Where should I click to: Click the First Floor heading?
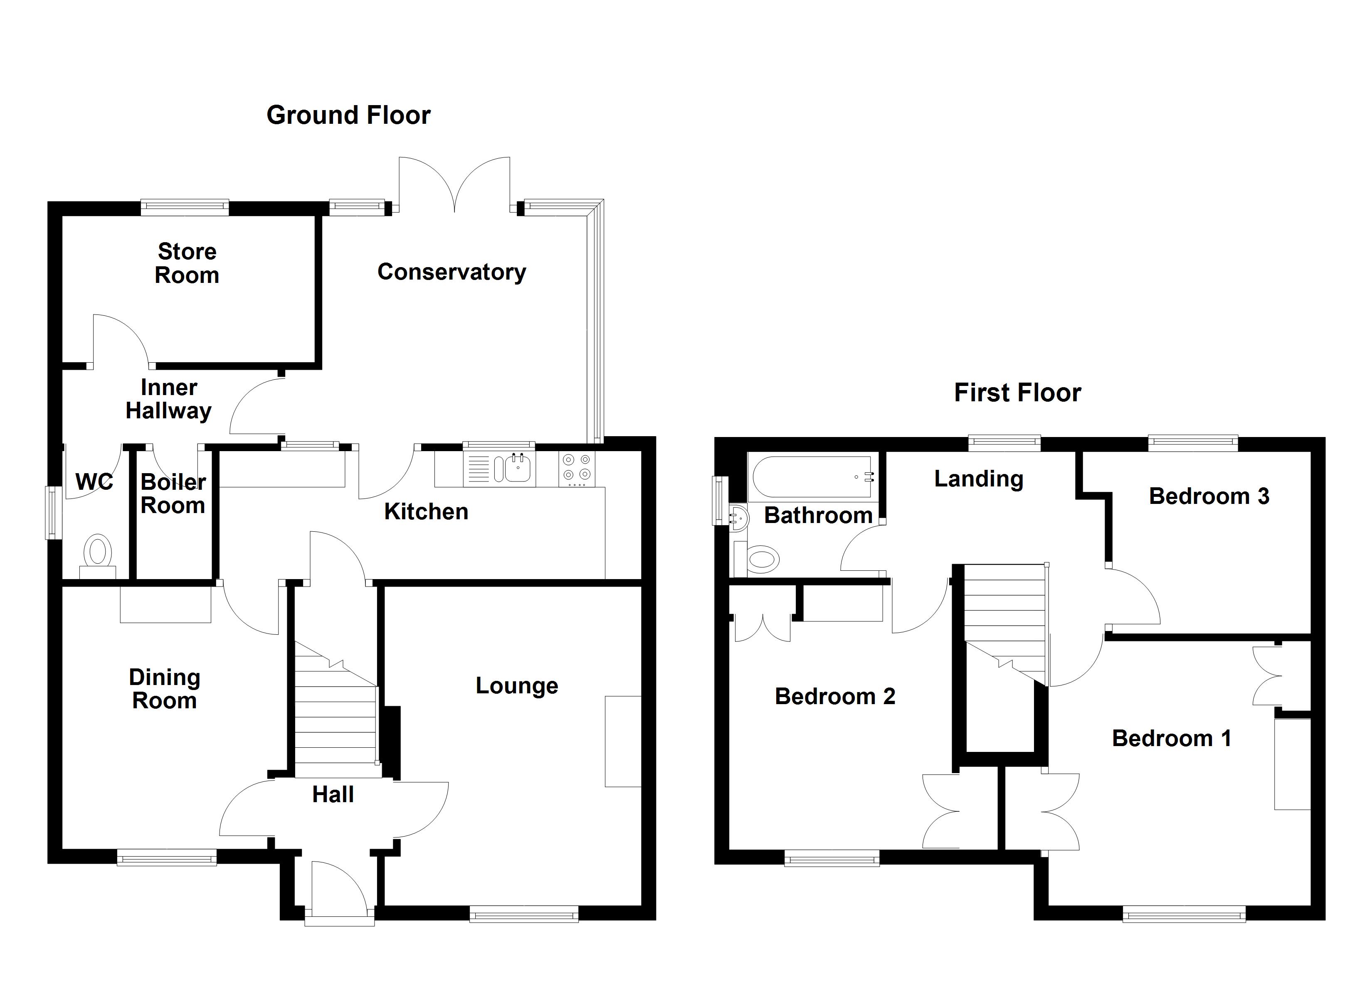pyautogui.click(x=1017, y=393)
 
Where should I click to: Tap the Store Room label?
pyautogui.click(x=187, y=263)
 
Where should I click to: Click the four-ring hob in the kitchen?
pyautogui.click(x=577, y=468)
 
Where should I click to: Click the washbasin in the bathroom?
pyautogui.click(x=739, y=518)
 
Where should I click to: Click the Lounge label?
pyautogui.click(x=517, y=685)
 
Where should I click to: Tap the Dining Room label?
pyautogui.click(x=165, y=689)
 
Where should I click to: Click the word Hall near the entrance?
pyautogui.click(x=333, y=794)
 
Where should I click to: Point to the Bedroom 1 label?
pyautogui.click(x=1171, y=738)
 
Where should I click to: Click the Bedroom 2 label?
pyautogui.click(x=835, y=697)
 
